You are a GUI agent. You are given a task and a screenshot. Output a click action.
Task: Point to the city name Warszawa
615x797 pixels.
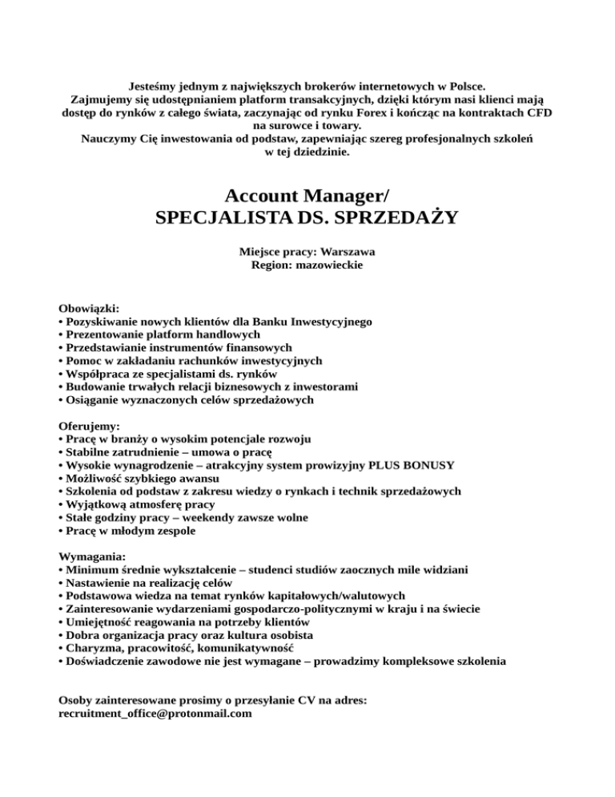[x=347, y=252]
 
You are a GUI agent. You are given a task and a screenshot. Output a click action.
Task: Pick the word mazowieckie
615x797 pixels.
[x=326, y=265]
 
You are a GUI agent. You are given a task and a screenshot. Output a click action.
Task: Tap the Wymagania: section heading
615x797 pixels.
[x=93, y=556]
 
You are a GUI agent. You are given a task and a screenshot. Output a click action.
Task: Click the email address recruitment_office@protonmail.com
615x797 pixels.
[x=156, y=713]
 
